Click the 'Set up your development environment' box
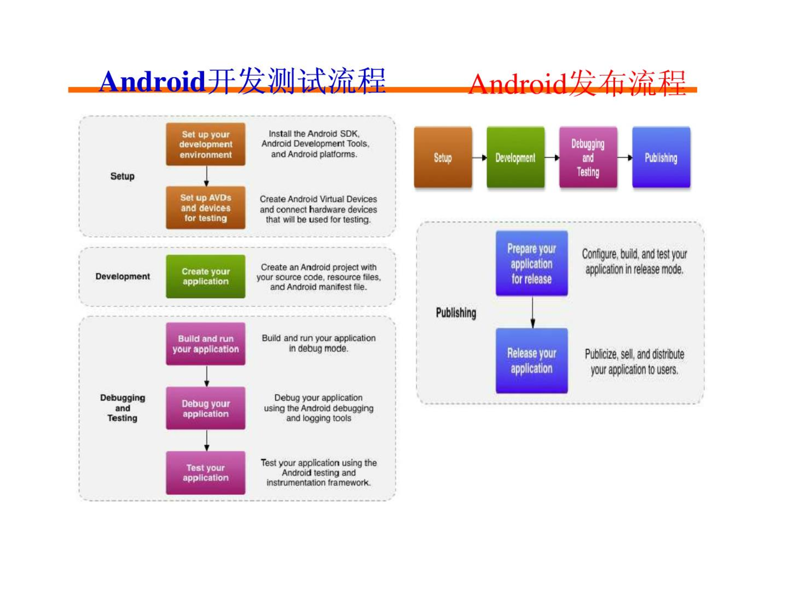206,144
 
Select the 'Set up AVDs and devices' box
206,208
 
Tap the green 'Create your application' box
206,276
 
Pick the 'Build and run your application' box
206,344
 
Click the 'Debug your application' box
206,408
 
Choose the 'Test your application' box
206,472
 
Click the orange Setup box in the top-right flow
443,157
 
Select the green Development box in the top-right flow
515,157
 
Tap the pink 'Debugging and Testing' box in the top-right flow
588,157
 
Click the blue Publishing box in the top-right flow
661,157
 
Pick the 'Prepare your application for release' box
531,263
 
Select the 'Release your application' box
531,361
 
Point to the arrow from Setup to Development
479,158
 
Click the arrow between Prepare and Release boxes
533,312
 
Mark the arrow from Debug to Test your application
206,440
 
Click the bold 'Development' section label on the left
123,276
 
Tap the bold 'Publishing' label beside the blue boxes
456,313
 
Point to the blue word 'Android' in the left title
152,81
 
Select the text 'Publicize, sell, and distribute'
635,354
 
